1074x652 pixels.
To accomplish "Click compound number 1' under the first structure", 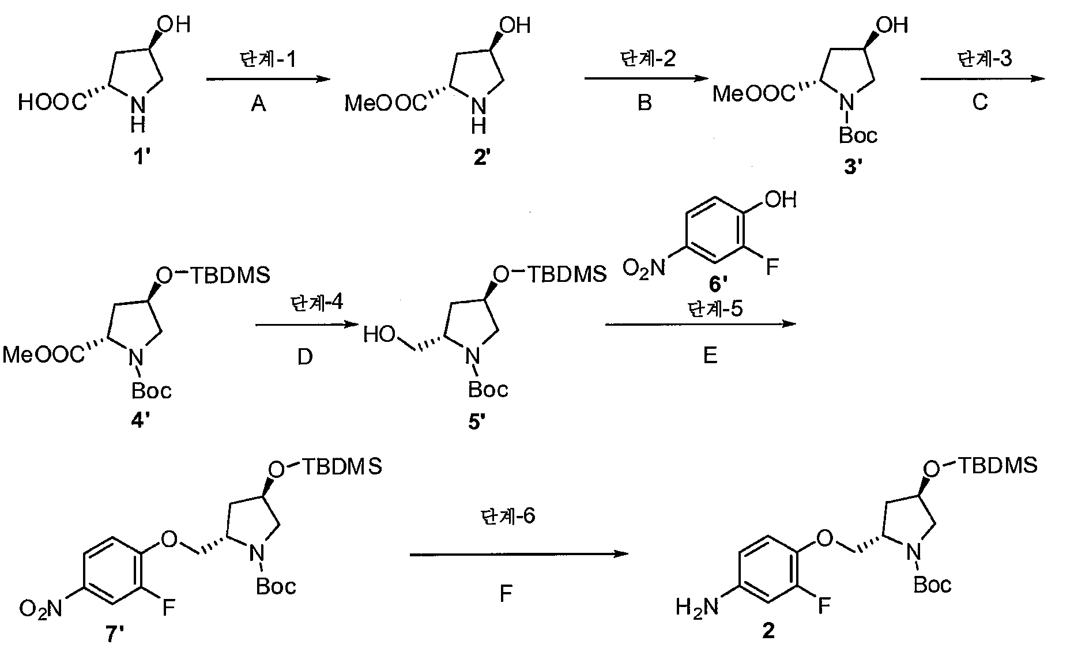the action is coord(142,156).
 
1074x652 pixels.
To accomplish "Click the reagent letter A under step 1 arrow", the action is coord(258,104).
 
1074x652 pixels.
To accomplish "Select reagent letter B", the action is coord(645,103).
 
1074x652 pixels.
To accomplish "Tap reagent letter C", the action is coord(980,102).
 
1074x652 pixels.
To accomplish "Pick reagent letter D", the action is coord(304,357).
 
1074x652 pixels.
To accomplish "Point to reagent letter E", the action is coord(710,356).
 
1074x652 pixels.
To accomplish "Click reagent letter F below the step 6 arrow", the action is coord(506,593).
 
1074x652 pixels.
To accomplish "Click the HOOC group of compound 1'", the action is coord(54,103).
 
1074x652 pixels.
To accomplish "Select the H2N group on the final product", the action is coord(698,606).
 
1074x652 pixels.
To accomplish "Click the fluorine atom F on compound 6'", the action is coord(772,267).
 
